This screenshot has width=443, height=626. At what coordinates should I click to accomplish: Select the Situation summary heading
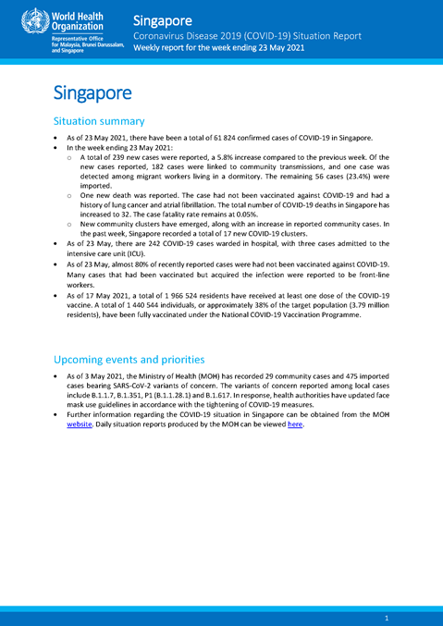(x=99, y=121)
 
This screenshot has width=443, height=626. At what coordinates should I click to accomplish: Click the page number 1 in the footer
(x=386, y=616)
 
